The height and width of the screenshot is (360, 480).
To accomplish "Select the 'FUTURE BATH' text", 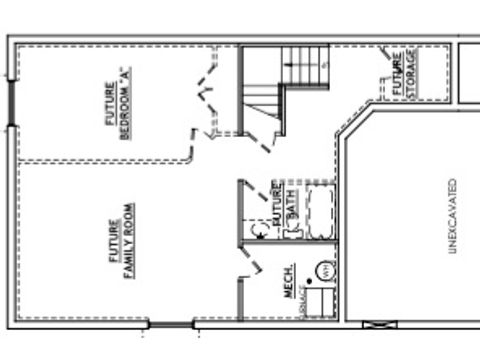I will pos(283,202).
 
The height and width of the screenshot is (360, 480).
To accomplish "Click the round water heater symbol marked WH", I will pos(325,269).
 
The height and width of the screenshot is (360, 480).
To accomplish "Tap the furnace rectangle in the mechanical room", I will pos(319,303).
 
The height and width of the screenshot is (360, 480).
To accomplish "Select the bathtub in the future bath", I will pos(319,211).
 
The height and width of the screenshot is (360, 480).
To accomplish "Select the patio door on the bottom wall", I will pos(171,323).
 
